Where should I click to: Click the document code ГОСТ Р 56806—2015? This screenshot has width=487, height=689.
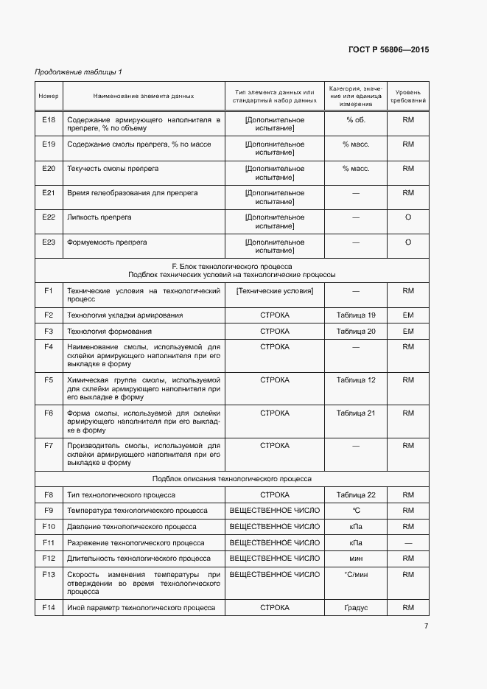click(x=388, y=50)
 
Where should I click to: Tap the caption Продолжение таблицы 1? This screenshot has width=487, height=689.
click(x=79, y=71)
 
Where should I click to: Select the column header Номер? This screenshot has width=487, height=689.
click(x=49, y=96)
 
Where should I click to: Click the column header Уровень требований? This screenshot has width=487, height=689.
click(x=407, y=96)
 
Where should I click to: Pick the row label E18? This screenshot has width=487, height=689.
click(x=49, y=119)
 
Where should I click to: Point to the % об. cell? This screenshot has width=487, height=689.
click(x=356, y=119)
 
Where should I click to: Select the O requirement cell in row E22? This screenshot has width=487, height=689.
click(x=407, y=217)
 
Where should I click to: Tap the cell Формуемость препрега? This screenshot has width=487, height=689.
click(x=107, y=242)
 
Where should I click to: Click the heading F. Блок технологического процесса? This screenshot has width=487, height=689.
click(x=231, y=266)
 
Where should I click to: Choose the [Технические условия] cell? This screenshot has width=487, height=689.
click(x=275, y=291)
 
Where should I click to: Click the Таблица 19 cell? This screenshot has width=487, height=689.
click(x=356, y=315)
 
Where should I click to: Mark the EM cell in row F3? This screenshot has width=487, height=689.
click(x=407, y=332)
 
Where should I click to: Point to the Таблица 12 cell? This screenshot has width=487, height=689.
click(x=356, y=380)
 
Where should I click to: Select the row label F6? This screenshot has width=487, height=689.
click(x=49, y=413)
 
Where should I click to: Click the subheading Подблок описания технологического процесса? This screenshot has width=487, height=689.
click(x=231, y=479)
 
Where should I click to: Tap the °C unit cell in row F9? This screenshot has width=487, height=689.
click(x=356, y=511)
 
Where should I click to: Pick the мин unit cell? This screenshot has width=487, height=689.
click(x=356, y=559)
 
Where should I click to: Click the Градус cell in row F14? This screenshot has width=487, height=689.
click(x=356, y=608)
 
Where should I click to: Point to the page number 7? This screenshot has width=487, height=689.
click(x=426, y=626)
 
